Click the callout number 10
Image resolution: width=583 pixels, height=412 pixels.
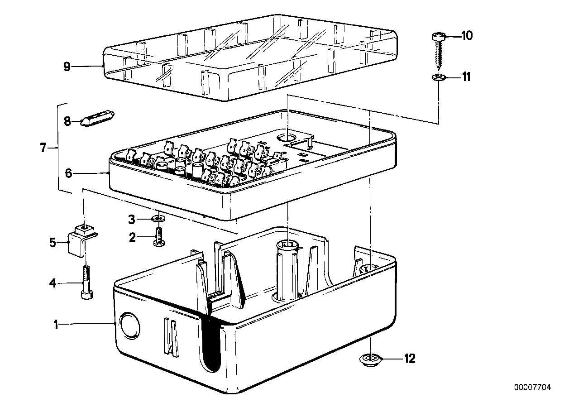[467, 36]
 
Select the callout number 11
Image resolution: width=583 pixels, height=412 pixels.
[466, 77]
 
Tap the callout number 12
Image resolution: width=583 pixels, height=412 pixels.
[410, 359]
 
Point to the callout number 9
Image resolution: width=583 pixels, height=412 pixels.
[67, 67]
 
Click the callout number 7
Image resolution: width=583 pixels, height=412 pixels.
[43, 148]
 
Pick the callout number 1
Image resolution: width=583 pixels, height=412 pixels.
[56, 325]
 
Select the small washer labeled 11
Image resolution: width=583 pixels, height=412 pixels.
[438, 77]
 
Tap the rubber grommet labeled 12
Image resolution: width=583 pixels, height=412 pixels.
[370, 359]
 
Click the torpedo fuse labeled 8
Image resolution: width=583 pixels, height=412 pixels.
[97, 119]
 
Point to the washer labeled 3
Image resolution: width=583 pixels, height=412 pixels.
[158, 219]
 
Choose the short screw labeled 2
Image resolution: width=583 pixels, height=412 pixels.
[159, 237]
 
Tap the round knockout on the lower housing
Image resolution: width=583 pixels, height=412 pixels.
[129, 326]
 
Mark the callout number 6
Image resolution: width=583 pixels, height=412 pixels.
[68, 173]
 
